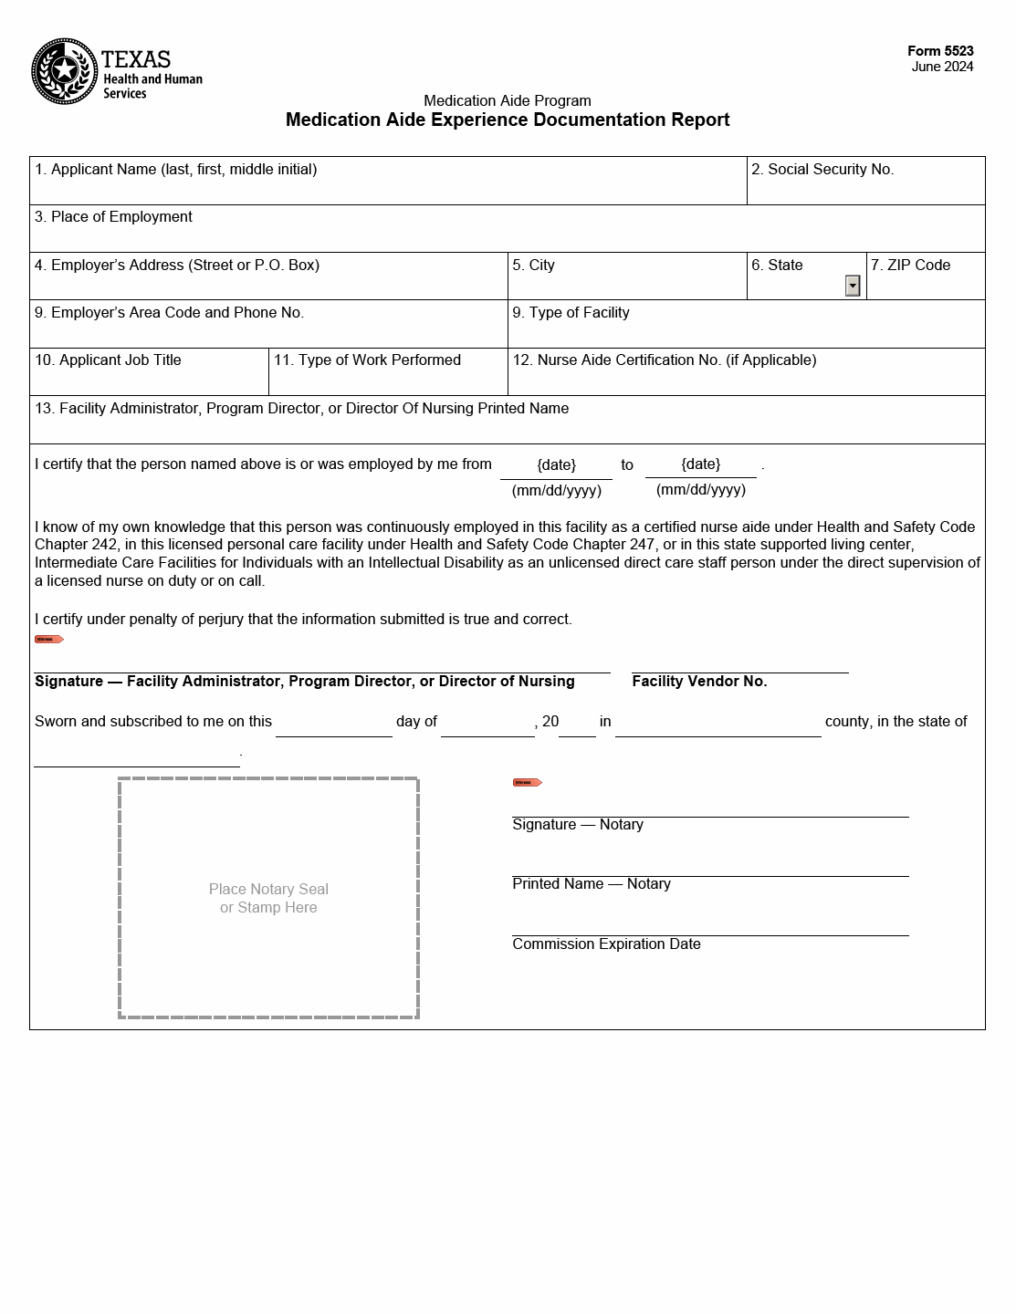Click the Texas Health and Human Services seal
click(x=64, y=71)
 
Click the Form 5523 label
click(x=940, y=51)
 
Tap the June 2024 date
click(x=942, y=67)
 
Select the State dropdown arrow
click(x=853, y=286)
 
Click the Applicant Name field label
click(x=176, y=170)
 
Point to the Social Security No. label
click(x=822, y=170)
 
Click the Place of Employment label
click(x=113, y=217)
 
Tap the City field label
click(x=533, y=266)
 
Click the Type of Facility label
click(x=571, y=313)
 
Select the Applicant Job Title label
click(x=108, y=360)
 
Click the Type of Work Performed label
click(x=367, y=360)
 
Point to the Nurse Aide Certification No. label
click(x=665, y=360)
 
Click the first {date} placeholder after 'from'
click(x=556, y=465)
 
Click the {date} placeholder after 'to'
click(x=701, y=464)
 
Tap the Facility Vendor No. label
click(x=699, y=682)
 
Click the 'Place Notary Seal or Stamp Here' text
click(x=268, y=898)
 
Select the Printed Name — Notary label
click(x=592, y=884)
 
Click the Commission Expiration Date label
click(x=606, y=944)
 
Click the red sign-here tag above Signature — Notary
click(x=527, y=783)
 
